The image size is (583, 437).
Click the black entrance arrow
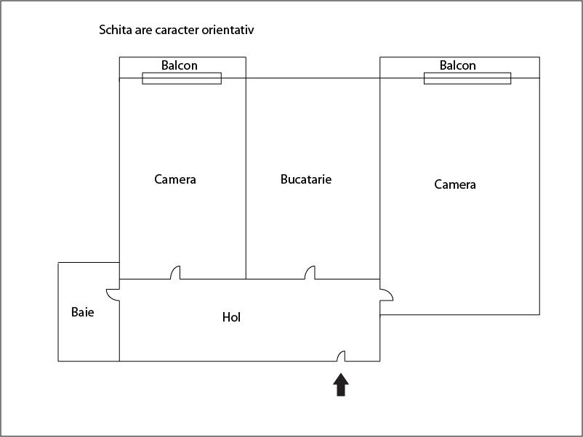pos(341,385)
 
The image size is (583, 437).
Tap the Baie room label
pos(83,312)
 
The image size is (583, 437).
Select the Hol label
pos(231,317)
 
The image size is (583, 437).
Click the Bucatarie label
pos(306,179)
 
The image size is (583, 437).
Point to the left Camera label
pos(175,179)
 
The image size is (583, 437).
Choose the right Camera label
pos(455,184)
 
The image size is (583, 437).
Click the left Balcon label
pos(180,65)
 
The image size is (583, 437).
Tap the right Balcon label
pos(458,65)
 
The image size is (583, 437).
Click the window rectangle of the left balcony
pos(182,78)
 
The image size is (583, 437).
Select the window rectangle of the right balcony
pos(467,78)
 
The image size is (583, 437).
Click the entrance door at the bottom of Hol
pos(341,356)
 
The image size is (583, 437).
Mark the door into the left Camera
pos(175,272)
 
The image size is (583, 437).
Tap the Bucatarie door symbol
pos(310,272)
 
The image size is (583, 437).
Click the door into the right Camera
pos(386,295)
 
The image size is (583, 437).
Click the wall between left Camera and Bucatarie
pos(246,168)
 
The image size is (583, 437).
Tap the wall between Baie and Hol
pos(119,320)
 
